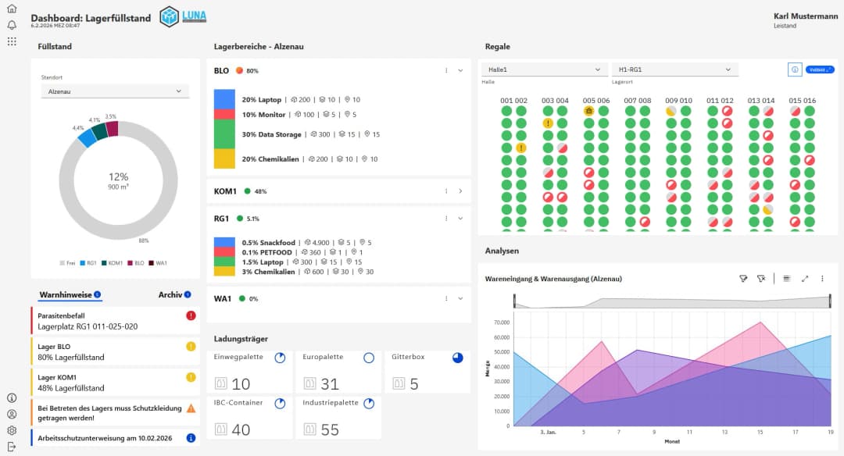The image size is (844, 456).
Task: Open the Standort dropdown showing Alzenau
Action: pyautogui.click(x=115, y=91)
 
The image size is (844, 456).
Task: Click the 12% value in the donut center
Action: pyautogui.click(x=118, y=177)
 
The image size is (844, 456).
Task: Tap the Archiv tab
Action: pyautogui.click(x=170, y=294)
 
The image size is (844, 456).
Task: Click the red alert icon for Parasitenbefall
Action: pyautogui.click(x=191, y=315)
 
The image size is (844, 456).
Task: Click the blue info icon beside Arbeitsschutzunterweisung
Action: pyautogui.click(x=191, y=438)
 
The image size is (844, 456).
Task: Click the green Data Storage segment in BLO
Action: pyautogui.click(x=224, y=134)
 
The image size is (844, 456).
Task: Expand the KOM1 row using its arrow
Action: pyautogui.click(x=460, y=191)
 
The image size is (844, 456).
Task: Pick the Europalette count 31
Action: pyautogui.click(x=330, y=384)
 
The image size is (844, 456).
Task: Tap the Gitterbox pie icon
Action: pyautogui.click(x=457, y=358)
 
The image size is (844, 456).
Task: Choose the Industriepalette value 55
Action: pyautogui.click(x=330, y=429)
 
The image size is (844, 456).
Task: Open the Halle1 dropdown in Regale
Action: pyautogui.click(x=544, y=69)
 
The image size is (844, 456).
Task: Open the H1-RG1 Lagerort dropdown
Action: pyautogui.click(x=674, y=69)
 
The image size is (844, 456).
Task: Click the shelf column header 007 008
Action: pyautogui.click(x=637, y=101)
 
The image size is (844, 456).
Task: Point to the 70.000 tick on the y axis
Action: pyautogui.click(x=497, y=322)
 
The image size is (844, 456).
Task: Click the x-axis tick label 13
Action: pyautogui.click(x=725, y=430)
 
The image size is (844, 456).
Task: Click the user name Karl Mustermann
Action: pyautogui.click(x=805, y=16)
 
